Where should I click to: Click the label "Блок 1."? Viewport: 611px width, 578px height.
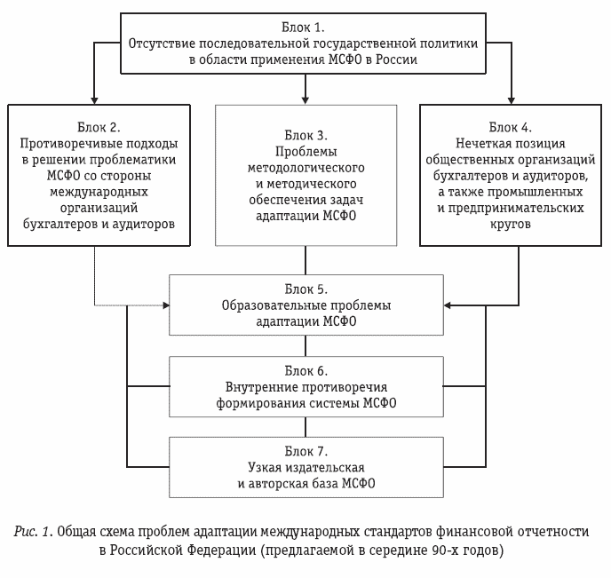[x=304, y=26]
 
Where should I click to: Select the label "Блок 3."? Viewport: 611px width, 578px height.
[x=305, y=135]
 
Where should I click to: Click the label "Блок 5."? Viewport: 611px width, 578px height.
[x=305, y=289]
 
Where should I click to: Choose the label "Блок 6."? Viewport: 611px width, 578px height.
[x=305, y=369]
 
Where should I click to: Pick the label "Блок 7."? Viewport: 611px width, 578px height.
[x=305, y=450]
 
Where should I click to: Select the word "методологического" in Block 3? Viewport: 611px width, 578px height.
[x=305, y=167]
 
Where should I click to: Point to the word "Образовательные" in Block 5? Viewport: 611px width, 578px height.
[x=267, y=305]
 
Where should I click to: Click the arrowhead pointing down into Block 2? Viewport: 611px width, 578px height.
[x=92, y=99]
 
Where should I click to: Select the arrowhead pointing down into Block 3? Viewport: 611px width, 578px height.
[x=305, y=99]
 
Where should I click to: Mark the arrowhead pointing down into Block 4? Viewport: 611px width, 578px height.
[x=511, y=99]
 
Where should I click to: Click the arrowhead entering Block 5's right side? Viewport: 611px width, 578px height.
[x=448, y=305]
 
